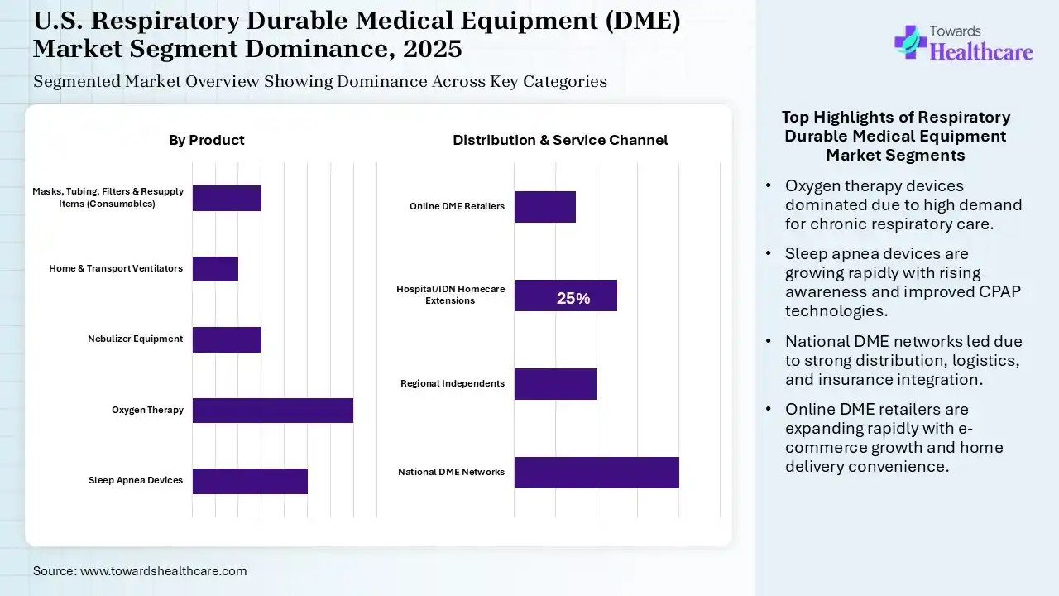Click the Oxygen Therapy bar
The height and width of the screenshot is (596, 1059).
click(x=273, y=411)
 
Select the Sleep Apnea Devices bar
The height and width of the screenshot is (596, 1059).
click(x=250, y=481)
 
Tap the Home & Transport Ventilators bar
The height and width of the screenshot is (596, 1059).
click(x=215, y=269)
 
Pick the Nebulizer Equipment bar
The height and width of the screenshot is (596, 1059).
click(x=227, y=339)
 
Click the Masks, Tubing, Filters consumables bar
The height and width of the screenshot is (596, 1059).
click(x=227, y=198)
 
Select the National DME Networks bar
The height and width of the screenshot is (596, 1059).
click(x=597, y=472)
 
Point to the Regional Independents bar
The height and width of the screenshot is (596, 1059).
click(x=555, y=384)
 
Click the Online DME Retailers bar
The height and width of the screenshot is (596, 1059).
click(x=544, y=206)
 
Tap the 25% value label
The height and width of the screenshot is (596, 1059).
click(x=573, y=299)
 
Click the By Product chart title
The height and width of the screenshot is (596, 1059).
click(x=207, y=140)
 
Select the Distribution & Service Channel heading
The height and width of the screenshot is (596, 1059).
click(x=560, y=140)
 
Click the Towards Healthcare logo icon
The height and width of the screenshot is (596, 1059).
click(x=910, y=41)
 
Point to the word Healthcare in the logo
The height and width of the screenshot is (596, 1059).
click(x=981, y=52)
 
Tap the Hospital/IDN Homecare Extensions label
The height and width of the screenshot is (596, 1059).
click(x=450, y=295)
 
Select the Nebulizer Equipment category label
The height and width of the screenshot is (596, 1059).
click(x=135, y=339)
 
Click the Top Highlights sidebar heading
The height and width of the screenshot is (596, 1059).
click(x=896, y=136)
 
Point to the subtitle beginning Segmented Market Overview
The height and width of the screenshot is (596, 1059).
click(x=320, y=81)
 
